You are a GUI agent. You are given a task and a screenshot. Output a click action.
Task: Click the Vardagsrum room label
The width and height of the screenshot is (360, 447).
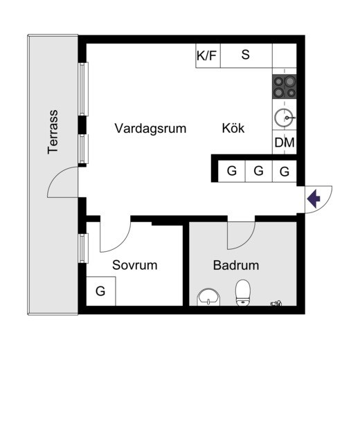pos(150,128)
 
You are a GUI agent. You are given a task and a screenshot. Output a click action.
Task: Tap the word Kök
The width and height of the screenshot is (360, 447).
pos(233,128)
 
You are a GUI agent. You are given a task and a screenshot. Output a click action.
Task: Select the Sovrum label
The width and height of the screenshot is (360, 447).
pos(134,265)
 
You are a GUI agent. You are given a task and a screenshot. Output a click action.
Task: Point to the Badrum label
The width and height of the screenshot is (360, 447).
pos(236,265)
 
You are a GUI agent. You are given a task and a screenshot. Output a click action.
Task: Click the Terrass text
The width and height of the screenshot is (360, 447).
pos(53,132)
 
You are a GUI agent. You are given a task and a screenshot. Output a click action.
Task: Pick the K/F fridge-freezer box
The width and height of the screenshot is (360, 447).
pos(208,55)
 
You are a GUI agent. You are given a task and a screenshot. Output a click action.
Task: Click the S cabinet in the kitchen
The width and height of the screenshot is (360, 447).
pos(246,55)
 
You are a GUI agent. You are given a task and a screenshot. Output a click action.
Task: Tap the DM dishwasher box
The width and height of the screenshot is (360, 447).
pos(285,143)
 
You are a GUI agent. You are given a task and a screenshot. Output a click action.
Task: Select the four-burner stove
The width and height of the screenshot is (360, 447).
pos(285,86)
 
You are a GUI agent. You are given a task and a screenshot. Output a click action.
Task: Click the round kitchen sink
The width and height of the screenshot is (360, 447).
pos(284,118)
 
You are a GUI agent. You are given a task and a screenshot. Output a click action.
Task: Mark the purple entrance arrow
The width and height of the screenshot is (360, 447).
pos(314,198)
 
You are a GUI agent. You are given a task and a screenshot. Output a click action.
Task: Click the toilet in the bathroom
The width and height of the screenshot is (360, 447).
pos(243,293)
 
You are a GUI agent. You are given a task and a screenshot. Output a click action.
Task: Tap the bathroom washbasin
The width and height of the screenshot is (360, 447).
pos(208,297)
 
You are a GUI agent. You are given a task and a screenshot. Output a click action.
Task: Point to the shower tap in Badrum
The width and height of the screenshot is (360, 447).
pos(276,303)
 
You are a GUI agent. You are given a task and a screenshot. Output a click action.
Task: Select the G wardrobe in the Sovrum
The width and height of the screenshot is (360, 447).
pos(101,291)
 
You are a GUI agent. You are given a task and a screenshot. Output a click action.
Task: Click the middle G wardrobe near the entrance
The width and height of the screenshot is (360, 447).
pos(259,171)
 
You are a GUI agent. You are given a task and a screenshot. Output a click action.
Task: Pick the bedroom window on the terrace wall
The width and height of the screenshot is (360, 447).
pos(83,248)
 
